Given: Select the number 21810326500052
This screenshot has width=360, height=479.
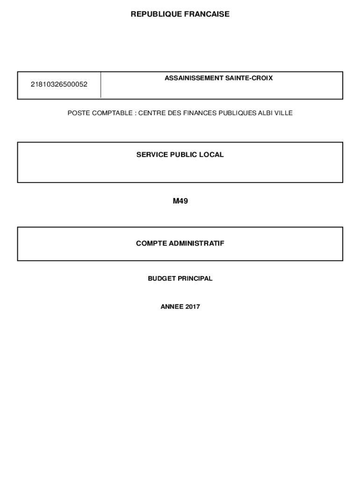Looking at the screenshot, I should pyautogui.click(x=59, y=85).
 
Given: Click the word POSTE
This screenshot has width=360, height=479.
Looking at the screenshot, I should pyautogui.click(x=77, y=113).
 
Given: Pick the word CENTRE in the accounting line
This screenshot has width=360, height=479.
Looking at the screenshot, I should pyautogui.click(x=150, y=113).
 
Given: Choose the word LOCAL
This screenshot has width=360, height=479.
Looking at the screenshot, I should pyautogui.click(x=212, y=154).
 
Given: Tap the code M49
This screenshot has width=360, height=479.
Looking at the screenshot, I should pyautogui.click(x=180, y=202).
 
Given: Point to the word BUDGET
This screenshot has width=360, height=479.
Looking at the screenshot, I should pyautogui.click(x=162, y=278).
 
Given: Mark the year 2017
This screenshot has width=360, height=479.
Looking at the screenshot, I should pyautogui.click(x=192, y=307).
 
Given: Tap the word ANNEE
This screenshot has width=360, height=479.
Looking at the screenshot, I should pyautogui.click(x=172, y=307).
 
